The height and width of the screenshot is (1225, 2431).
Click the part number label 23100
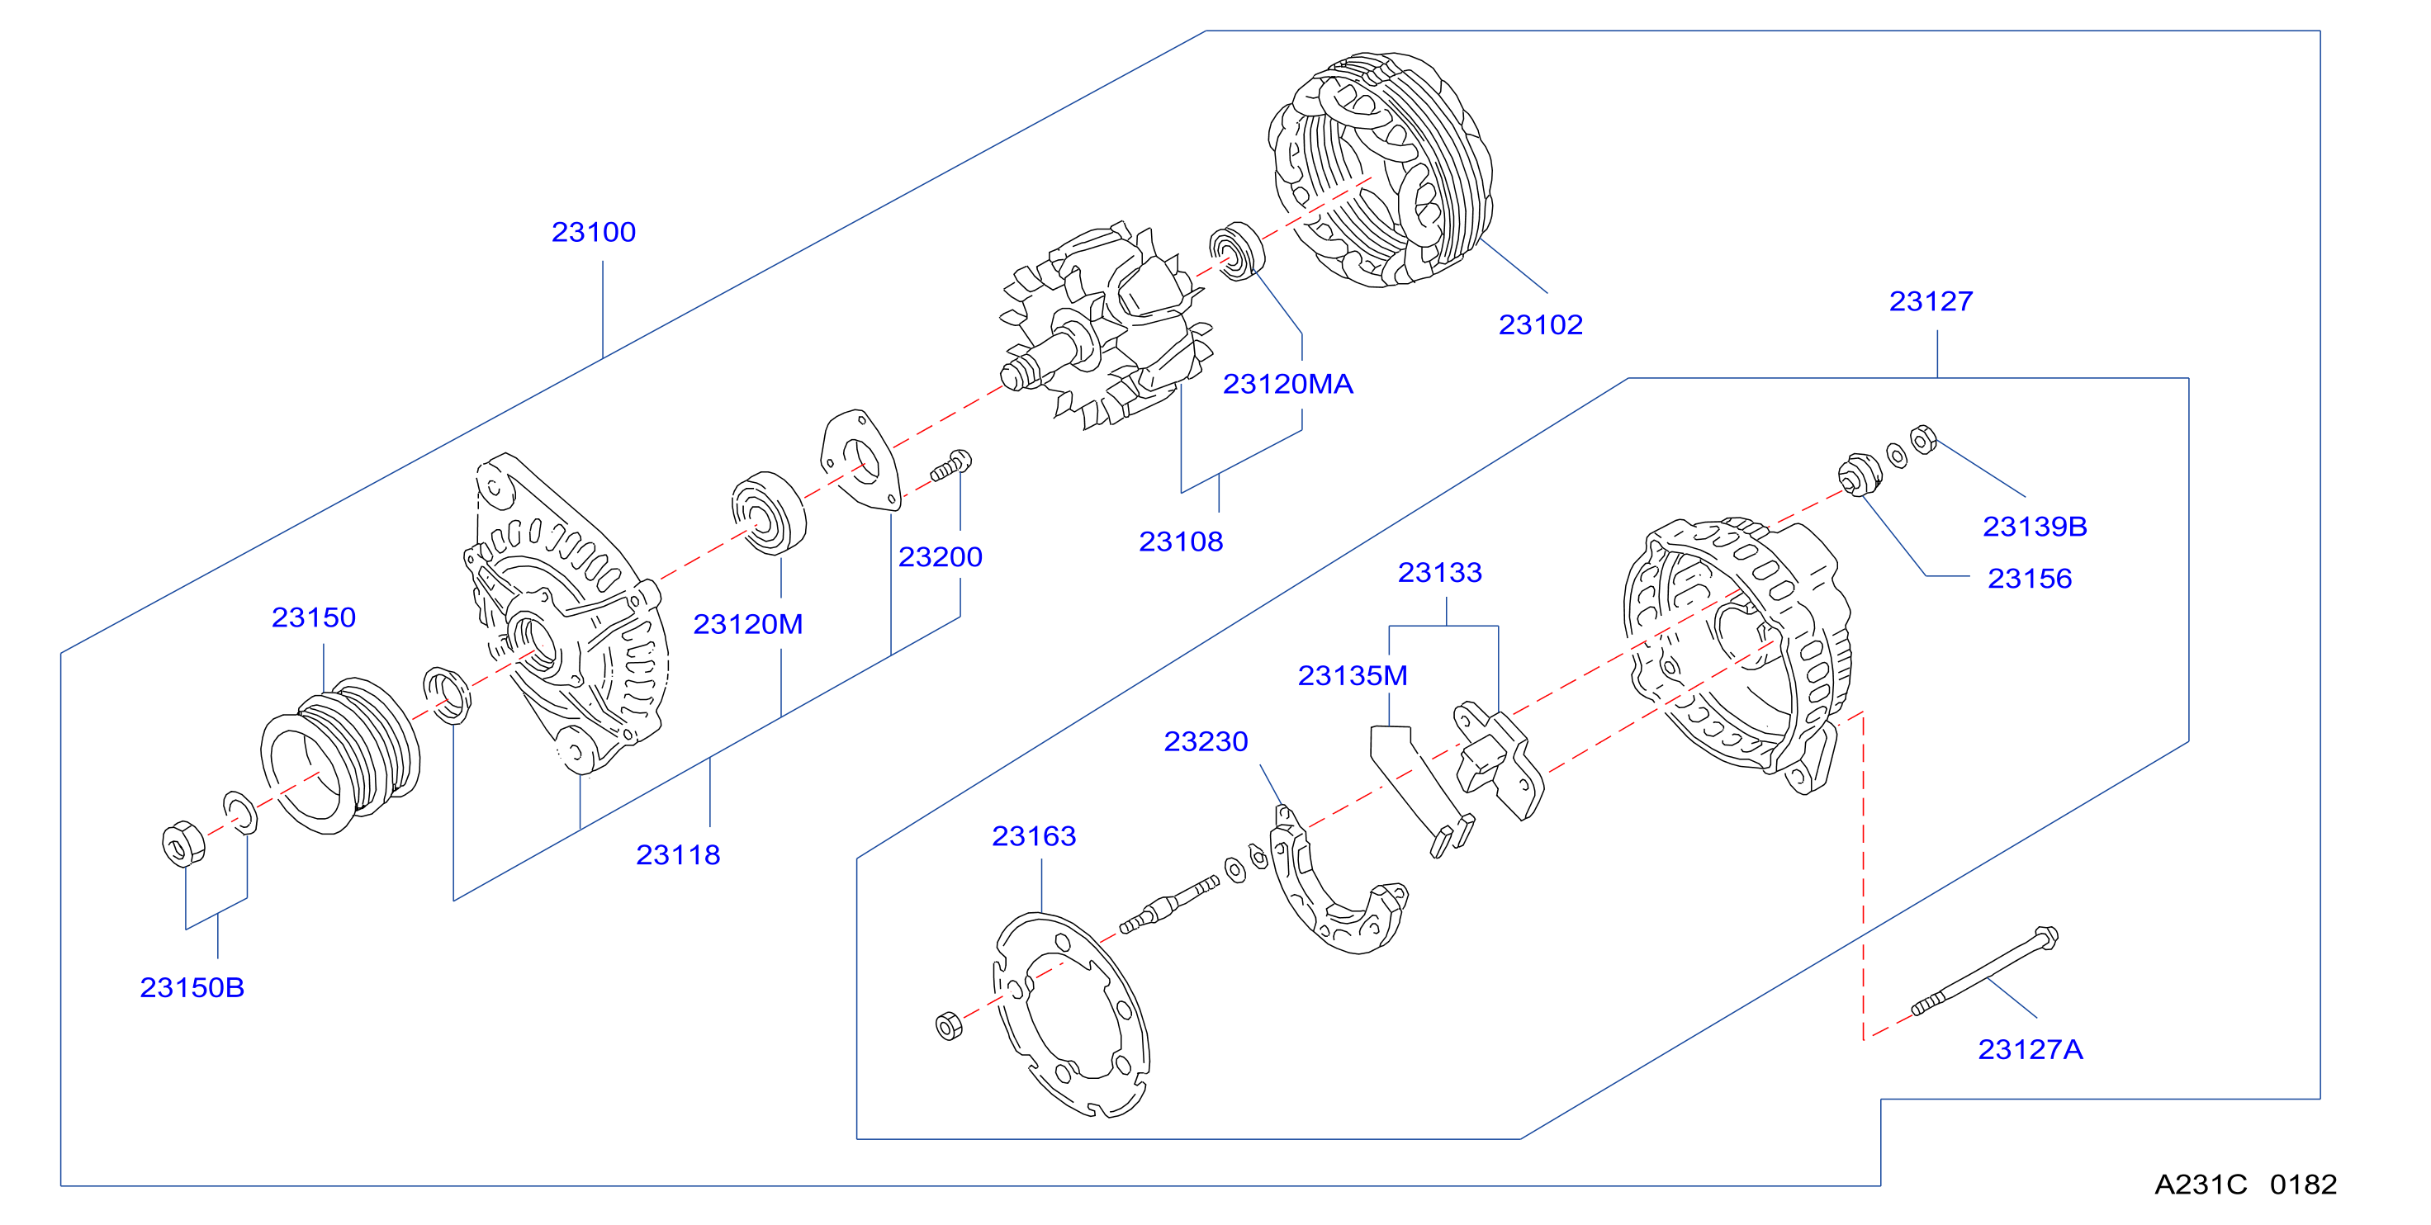(x=594, y=232)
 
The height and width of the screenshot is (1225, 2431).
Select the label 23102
(x=1540, y=324)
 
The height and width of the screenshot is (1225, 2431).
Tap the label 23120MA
(x=1288, y=384)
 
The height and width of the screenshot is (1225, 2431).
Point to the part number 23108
(x=1181, y=542)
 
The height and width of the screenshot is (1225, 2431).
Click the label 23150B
(x=192, y=987)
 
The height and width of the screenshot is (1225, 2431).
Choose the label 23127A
(x=2030, y=1049)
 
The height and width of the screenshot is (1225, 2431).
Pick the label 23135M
(x=1353, y=676)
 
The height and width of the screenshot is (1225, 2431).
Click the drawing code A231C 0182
(x=2245, y=1185)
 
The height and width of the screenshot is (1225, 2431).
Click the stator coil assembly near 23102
(x=1381, y=170)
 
